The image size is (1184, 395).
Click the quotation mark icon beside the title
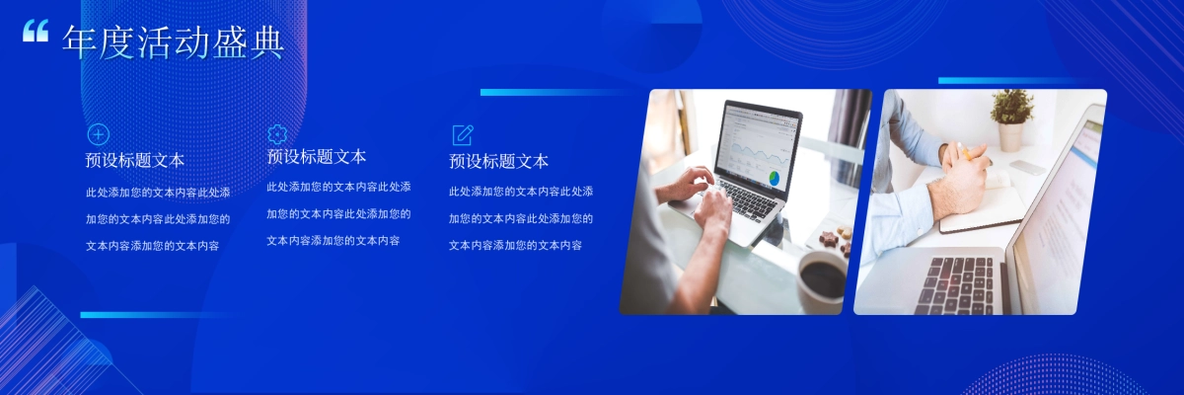point(36,32)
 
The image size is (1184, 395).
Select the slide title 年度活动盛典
point(174,41)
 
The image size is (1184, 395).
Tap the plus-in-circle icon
point(99,135)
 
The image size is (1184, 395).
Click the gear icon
point(277,133)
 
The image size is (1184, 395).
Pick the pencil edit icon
point(462,135)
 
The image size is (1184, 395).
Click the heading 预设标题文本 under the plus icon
point(135,161)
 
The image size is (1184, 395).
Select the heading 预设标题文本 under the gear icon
point(317,157)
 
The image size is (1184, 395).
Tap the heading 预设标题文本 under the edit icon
point(498,161)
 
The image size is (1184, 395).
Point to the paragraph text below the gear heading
point(338,213)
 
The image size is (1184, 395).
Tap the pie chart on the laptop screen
point(775,178)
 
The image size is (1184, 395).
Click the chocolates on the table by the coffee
point(834,239)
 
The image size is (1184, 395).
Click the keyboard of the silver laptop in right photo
point(956,284)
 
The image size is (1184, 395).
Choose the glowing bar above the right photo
point(1006,81)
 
